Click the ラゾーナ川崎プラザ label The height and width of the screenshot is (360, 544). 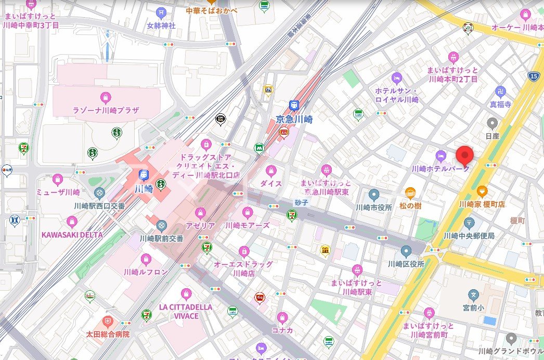(x=106, y=110)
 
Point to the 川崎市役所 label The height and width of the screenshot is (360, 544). (x=373, y=207)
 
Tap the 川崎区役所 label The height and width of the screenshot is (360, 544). (x=406, y=264)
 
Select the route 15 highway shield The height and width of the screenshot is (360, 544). (x=534, y=76)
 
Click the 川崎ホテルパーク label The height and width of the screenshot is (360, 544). (x=441, y=169)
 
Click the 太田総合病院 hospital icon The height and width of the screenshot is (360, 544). (x=108, y=322)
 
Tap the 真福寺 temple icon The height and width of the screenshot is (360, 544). (x=500, y=92)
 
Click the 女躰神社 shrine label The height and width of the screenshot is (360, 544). (x=161, y=25)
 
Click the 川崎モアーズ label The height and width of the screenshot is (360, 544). (x=248, y=226)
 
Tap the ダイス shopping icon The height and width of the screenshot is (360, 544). (x=271, y=171)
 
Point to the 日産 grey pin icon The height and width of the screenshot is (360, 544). (x=492, y=123)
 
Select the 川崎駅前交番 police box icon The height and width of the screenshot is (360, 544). (x=161, y=226)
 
